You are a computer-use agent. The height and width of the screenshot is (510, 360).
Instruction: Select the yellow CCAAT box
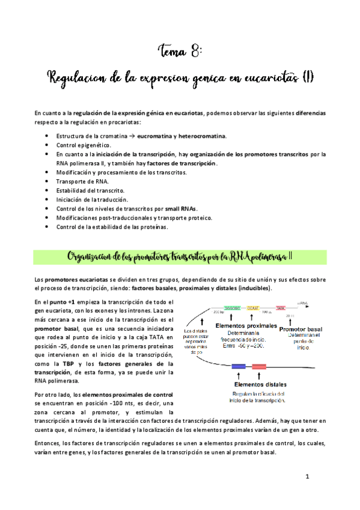coord(253,307)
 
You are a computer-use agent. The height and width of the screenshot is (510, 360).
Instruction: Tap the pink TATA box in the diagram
coord(281,307)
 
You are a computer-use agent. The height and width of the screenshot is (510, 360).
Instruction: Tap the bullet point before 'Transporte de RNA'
coord(47,181)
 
